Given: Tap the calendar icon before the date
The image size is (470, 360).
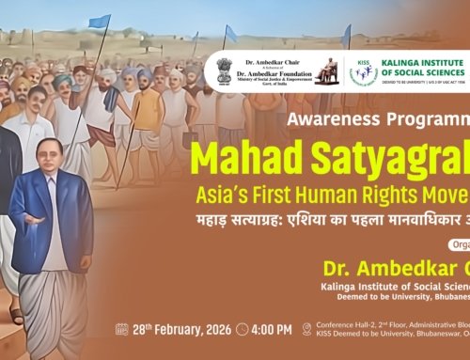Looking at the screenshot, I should click(x=121, y=329).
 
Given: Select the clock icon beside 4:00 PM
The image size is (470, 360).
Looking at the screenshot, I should click(x=243, y=329).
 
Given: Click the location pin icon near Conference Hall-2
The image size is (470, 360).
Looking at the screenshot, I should click(x=306, y=329).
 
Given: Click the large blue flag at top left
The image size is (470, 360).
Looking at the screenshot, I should click(x=100, y=20).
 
